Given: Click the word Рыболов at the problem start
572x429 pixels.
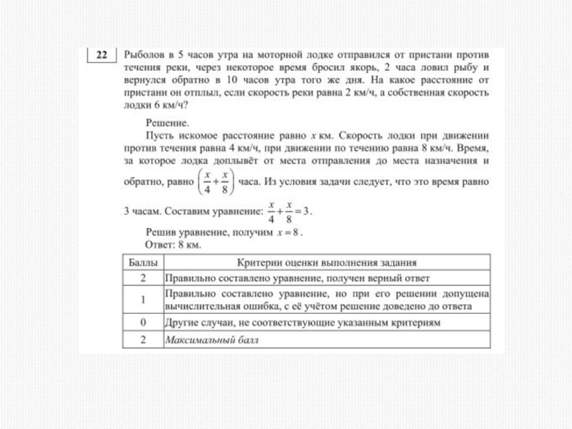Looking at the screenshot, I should (x=145, y=55).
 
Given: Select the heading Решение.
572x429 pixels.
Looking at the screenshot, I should (x=167, y=123).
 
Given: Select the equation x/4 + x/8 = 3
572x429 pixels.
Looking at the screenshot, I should (x=290, y=212).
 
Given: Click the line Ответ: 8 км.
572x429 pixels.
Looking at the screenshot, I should (x=174, y=245).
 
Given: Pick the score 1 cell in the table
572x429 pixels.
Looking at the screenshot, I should (x=144, y=300).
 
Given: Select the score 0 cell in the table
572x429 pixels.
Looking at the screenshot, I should (x=144, y=323).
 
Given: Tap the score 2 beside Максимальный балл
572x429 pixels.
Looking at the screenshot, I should (x=144, y=340).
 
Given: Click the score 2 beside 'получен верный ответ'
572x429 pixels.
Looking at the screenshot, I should (x=144, y=278).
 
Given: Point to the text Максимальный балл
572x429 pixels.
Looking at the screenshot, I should (x=210, y=340).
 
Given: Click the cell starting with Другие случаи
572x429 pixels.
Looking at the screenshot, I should (x=301, y=323).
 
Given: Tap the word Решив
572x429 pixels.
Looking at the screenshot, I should (x=161, y=233).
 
